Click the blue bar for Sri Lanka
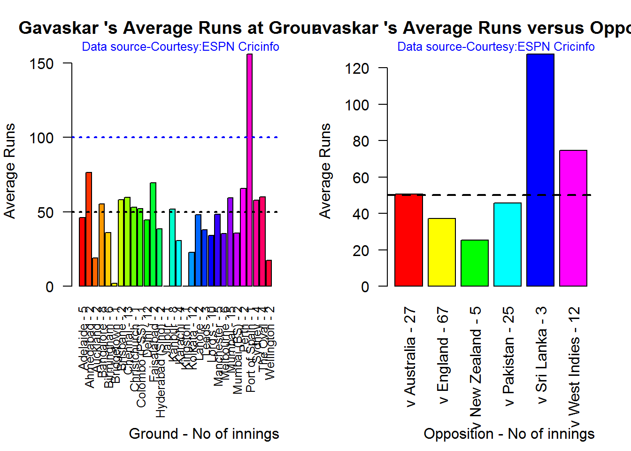click(x=540, y=170)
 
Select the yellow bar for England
click(x=442, y=252)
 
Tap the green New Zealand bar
click(x=475, y=263)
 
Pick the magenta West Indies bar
click(x=573, y=218)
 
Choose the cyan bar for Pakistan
click(x=508, y=244)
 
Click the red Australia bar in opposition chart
click(x=409, y=240)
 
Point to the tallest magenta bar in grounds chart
click(x=250, y=170)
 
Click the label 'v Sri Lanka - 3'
click(x=541, y=356)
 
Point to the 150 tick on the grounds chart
click(x=42, y=63)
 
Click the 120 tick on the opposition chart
click(x=357, y=69)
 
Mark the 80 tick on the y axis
click(x=361, y=141)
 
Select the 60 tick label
click(x=361, y=178)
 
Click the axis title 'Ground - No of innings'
click(x=204, y=434)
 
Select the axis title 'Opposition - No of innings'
click(x=509, y=434)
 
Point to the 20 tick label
click(x=361, y=250)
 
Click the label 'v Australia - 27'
click(x=410, y=357)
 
